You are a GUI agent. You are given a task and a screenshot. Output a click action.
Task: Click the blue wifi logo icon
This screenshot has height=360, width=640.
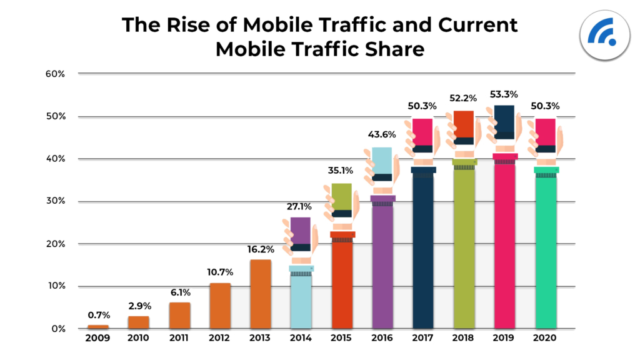[x=602, y=36]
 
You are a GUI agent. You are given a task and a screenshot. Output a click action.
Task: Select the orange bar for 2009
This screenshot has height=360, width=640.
[x=97, y=327]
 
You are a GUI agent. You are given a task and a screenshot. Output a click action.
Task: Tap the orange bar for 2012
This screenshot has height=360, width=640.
[x=220, y=306]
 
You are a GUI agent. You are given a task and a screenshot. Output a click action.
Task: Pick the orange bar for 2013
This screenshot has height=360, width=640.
[x=261, y=294]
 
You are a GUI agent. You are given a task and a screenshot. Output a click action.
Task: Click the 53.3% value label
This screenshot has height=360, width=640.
[x=504, y=95]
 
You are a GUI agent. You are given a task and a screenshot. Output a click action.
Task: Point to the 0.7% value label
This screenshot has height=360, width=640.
[x=97, y=315]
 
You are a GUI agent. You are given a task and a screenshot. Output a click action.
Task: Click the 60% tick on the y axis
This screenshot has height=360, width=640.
[x=56, y=74]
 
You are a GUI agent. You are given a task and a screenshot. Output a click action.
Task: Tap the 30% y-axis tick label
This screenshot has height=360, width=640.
[x=56, y=201]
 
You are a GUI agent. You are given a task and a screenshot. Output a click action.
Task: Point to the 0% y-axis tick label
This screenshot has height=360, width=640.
[x=58, y=329]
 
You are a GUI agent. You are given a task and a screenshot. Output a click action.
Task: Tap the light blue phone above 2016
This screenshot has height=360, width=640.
[x=382, y=161]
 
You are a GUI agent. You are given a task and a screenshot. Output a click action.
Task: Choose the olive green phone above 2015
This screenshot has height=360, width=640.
[x=341, y=197]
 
